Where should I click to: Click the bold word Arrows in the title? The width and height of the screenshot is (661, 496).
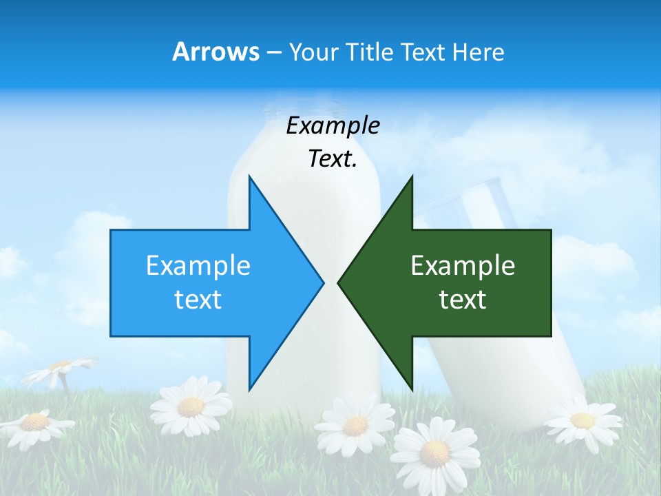pos(216,52)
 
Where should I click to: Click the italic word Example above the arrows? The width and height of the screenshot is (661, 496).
pos(333,126)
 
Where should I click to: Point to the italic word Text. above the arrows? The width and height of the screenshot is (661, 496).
pos(333,159)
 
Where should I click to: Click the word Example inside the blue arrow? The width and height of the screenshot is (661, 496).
pos(198,265)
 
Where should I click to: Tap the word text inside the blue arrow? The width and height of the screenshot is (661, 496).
pos(198,300)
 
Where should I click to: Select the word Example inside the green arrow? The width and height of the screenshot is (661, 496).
pos(463,265)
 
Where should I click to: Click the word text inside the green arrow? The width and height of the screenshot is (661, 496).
pos(463,300)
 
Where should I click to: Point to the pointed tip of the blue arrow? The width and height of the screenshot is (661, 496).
pos(323,282)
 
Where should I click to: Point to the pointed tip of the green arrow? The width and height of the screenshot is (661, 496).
pos(338,282)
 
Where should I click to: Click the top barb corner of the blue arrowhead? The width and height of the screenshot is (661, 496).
pos(249,176)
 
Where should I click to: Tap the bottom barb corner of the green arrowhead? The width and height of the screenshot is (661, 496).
pos(412,389)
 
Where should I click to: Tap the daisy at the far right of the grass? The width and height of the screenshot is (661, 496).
pos(583,420)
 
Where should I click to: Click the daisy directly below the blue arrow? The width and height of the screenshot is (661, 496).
pos(190,406)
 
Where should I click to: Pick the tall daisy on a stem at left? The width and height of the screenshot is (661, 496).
pos(61,369)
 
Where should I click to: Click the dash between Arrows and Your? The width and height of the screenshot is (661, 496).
pos(273,52)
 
